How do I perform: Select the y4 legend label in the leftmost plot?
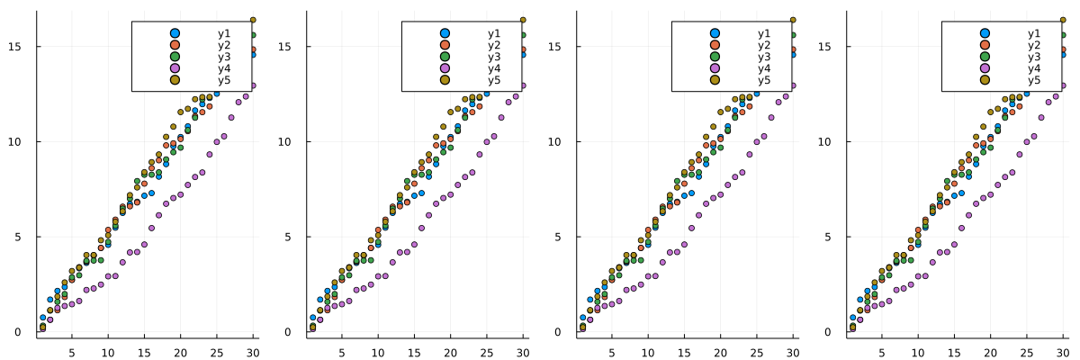[x=223, y=68]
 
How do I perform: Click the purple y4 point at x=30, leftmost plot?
[x=253, y=85]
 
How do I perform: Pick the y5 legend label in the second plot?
[x=493, y=80]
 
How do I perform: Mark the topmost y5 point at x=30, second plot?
[x=523, y=20]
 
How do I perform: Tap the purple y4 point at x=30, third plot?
[x=793, y=85]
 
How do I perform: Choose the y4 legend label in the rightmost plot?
[x=1033, y=68]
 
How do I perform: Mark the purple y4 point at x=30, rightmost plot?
[x=1063, y=85]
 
